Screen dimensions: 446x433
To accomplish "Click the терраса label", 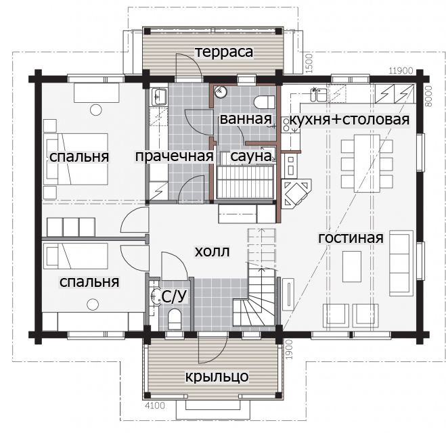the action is [224, 52].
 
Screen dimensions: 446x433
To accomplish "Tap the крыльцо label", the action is [217, 377].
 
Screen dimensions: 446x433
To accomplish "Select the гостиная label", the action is [351, 238].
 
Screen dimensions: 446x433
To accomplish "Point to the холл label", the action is [213, 252].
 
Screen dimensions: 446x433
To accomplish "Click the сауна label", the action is [251, 156].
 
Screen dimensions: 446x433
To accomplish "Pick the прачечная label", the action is [175, 156].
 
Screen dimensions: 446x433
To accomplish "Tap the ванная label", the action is [246, 119].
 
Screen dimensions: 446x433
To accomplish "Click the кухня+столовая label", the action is [349, 120].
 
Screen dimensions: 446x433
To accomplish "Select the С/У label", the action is [175, 296].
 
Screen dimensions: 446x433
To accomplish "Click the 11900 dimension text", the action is [401, 71].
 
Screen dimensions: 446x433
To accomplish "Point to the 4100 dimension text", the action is [155, 405].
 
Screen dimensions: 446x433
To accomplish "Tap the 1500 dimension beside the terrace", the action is [309, 64].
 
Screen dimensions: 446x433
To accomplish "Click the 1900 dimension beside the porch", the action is [289, 349].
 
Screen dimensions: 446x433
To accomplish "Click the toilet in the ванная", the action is [264, 102].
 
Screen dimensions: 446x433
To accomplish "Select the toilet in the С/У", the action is [175, 319].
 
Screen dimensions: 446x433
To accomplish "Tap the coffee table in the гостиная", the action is [352, 266].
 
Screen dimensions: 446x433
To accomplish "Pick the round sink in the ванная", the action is [221, 91].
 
